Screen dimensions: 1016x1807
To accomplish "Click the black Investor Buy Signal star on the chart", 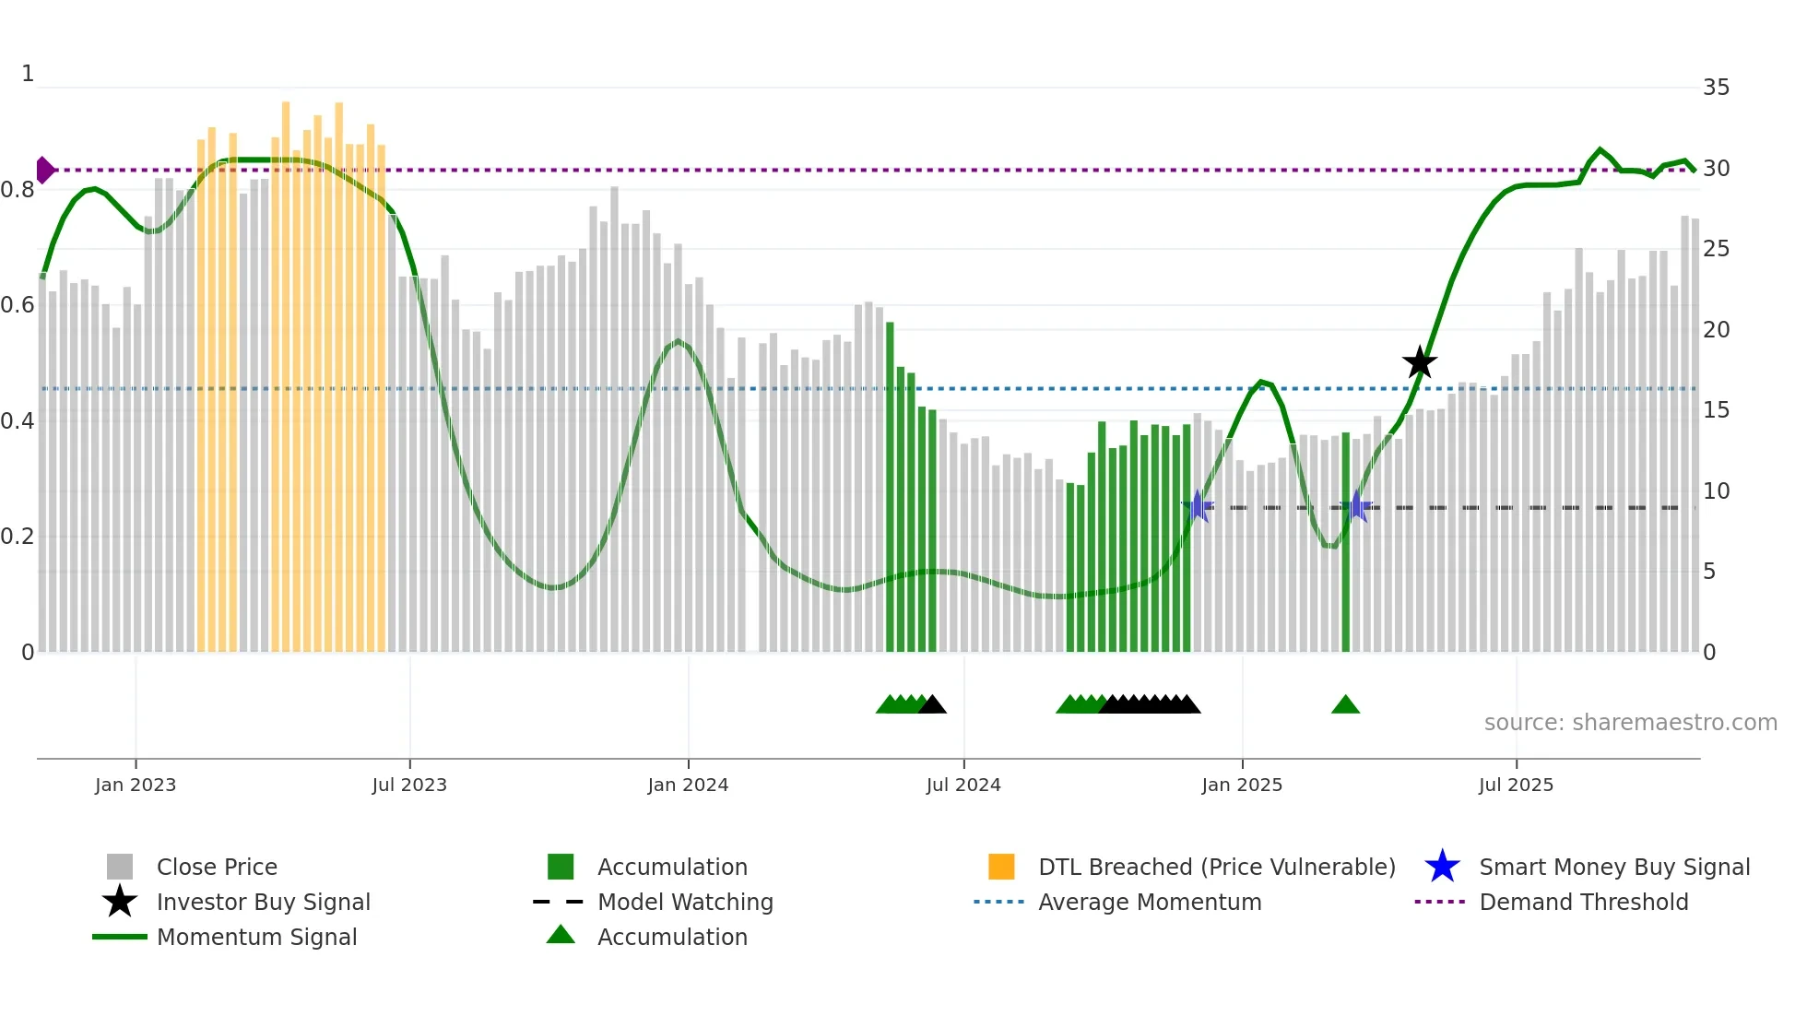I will coord(1420,362).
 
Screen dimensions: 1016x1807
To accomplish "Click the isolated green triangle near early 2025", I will coord(1345,705).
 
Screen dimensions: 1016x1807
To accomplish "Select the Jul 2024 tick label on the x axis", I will coord(963,785).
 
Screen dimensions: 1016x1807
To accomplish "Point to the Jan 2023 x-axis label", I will coord(136,785).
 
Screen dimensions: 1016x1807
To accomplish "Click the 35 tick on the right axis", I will coord(1716,88).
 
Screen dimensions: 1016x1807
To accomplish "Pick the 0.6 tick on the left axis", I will coord(18,305).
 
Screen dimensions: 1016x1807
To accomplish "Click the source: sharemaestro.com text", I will coord(1630,722).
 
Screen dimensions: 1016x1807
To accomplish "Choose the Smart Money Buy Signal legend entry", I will coord(1613,867).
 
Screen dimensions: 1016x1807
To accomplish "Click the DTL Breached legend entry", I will coord(1216,867).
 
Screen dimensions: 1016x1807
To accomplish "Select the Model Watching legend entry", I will coord(684,902).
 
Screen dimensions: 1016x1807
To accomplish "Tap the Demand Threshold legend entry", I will coord(1583,902).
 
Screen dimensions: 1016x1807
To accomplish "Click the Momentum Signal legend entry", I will coord(255,937).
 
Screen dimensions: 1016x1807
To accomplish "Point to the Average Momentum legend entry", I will coord(1149,902).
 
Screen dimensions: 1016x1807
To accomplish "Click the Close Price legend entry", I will coord(216,867).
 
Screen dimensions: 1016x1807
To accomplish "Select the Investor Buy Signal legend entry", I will coord(263,902).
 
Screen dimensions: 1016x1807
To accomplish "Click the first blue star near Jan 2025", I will coord(1197,506).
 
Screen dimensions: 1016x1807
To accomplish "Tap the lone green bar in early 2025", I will coord(1345,544).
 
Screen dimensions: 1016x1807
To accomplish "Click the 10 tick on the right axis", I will coord(1716,490).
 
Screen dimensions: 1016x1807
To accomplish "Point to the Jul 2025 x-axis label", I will coord(1516,785).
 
